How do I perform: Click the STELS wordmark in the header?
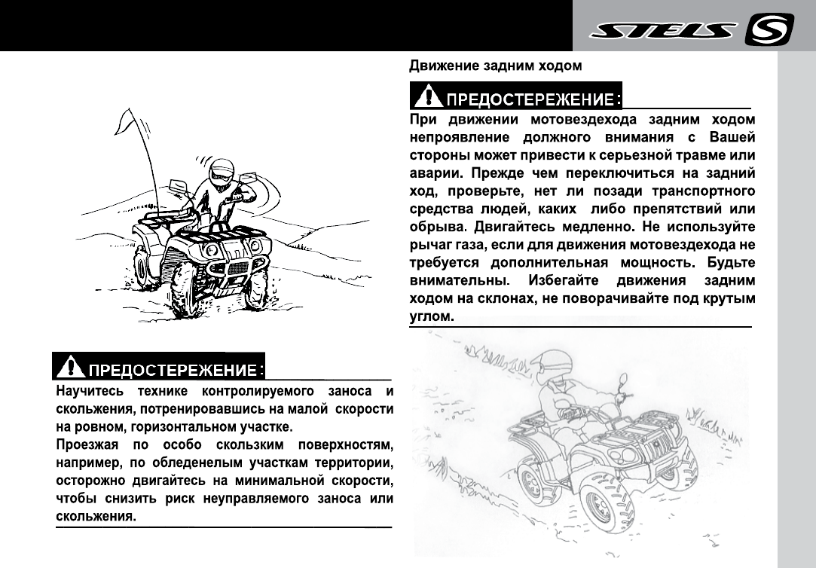pyautogui.click(x=662, y=32)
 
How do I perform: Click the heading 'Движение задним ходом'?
pyautogui.click(x=495, y=66)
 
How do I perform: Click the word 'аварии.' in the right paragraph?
pyautogui.click(x=432, y=172)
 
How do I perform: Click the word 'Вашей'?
pyautogui.click(x=732, y=136)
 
